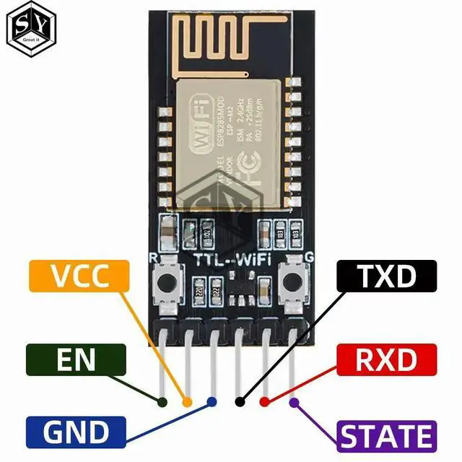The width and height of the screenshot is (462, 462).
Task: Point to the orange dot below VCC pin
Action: tap(188, 401)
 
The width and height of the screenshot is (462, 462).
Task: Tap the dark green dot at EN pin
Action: tap(163, 401)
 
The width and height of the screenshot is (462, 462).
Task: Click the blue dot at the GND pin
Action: tap(212, 401)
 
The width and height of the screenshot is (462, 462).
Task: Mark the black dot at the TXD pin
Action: tap(240, 401)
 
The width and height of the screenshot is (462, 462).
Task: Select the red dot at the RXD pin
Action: tap(264, 401)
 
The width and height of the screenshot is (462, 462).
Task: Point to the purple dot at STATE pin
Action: tap(293, 401)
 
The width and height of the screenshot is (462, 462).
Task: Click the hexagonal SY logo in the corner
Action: tap(30, 30)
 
